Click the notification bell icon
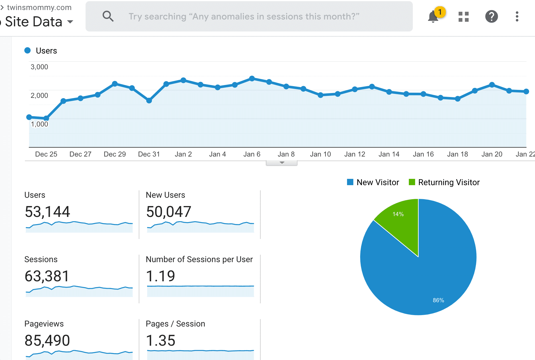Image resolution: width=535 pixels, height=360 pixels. click(x=433, y=17)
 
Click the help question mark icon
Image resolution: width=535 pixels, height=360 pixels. click(x=491, y=17)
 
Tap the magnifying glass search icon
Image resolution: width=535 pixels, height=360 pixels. click(x=108, y=16)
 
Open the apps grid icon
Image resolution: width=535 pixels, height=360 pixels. click(x=463, y=17)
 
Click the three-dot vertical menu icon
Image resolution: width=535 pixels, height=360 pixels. click(x=517, y=17)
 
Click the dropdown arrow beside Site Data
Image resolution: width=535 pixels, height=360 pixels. click(x=70, y=22)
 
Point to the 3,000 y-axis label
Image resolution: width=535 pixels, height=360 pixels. click(x=39, y=67)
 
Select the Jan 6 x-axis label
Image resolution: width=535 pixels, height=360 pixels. click(x=252, y=154)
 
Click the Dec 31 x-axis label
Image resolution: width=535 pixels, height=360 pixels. click(x=149, y=154)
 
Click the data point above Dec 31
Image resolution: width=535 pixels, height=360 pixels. click(x=149, y=100)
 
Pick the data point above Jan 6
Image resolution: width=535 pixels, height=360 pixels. click(x=252, y=78)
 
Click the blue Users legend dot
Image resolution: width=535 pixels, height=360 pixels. click(x=27, y=51)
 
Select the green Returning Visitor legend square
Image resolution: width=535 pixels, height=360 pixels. click(x=412, y=182)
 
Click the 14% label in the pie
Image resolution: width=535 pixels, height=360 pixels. click(x=398, y=214)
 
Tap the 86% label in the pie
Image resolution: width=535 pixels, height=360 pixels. click(x=438, y=300)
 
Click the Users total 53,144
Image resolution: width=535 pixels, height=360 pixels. click(x=47, y=212)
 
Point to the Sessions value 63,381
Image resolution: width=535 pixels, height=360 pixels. click(x=47, y=276)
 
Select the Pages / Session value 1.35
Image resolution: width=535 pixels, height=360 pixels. click(x=160, y=341)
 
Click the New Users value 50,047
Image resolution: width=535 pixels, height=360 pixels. click(x=169, y=212)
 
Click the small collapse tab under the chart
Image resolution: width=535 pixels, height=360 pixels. click(x=282, y=163)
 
